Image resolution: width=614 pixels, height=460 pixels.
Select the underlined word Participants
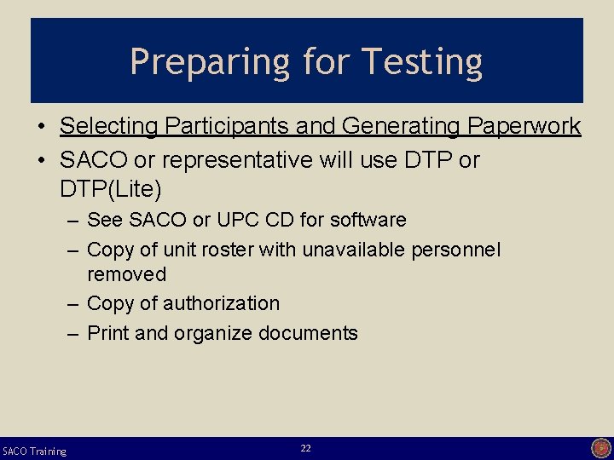228,127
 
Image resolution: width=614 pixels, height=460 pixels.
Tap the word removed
126,274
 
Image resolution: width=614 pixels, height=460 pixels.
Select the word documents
309,333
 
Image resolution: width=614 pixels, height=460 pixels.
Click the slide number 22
306,448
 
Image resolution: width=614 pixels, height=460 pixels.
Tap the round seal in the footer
600,448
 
